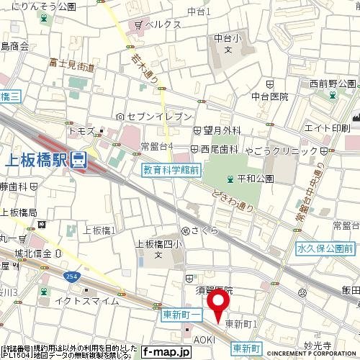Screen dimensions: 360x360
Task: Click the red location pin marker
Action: tap(219, 302)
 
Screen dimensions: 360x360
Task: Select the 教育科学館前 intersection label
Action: tap(171, 170)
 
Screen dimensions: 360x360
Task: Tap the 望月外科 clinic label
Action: tap(220, 131)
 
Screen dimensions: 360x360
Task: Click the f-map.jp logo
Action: tap(165, 352)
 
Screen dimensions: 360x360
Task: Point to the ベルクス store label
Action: tap(162, 24)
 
